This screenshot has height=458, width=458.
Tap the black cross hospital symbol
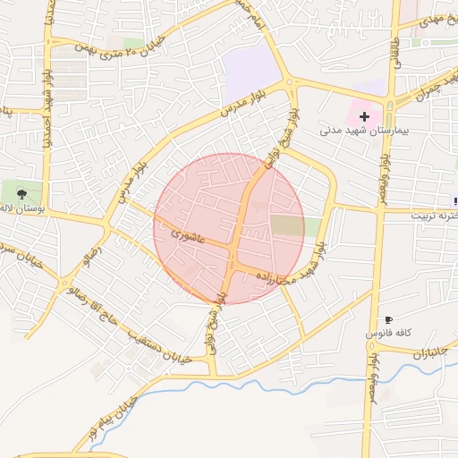coord(365,116)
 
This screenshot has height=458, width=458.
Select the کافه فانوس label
coord(387,333)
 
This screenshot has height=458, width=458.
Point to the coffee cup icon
coord(388,319)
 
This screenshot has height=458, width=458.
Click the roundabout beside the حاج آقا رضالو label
coord(67,287)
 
